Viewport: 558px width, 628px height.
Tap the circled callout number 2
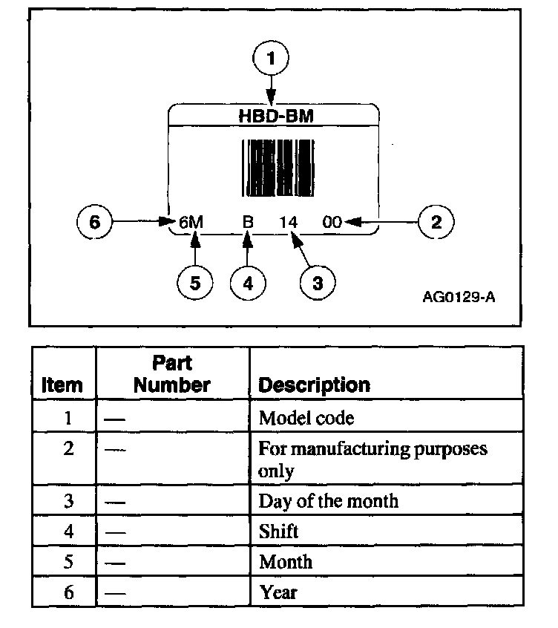point(436,221)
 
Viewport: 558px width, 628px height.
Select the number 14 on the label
point(288,221)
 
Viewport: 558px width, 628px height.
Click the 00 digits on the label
point(332,221)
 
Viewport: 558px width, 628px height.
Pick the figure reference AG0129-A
point(458,298)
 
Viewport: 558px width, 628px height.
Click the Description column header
point(313,385)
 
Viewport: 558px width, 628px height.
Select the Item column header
point(62,385)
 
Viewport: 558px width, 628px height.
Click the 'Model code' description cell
point(306,418)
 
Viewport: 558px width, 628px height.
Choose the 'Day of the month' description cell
point(328,501)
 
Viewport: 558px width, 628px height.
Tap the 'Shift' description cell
point(278,531)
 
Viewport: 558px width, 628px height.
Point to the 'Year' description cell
point(278,592)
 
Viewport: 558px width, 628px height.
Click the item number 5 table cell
point(68,562)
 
